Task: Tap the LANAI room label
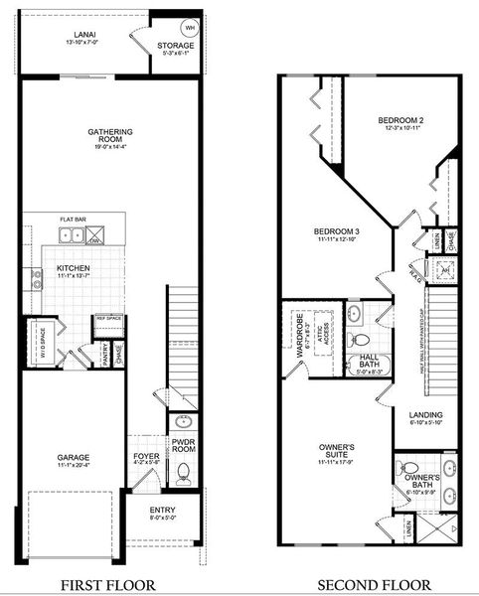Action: (77, 34)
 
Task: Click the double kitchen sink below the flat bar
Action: (71, 236)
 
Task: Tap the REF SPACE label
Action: (107, 319)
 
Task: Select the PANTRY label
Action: (104, 353)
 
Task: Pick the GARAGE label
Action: (75, 458)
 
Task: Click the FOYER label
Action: (145, 458)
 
